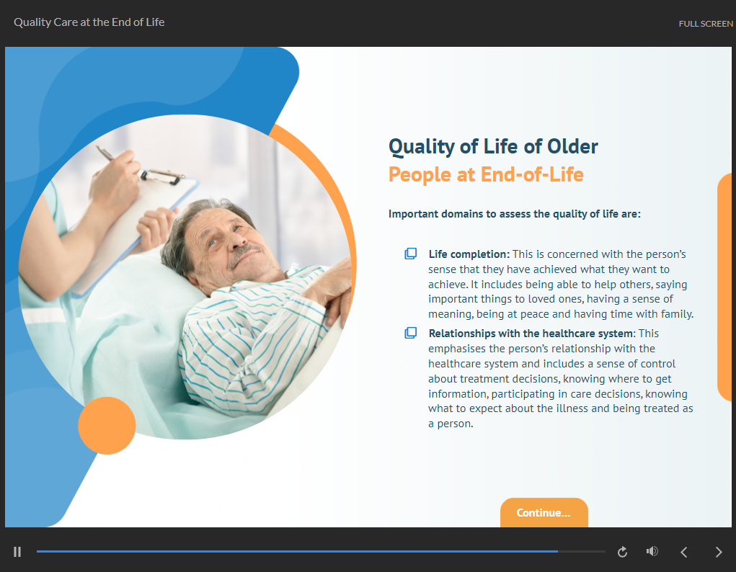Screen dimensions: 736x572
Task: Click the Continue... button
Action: [544, 512]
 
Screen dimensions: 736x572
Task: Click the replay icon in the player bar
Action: [622, 552]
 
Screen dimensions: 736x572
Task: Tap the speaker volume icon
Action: [652, 551]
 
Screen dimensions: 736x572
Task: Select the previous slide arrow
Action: [684, 553]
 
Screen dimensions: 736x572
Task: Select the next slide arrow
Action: [719, 553]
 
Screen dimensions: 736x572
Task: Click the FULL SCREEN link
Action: [706, 24]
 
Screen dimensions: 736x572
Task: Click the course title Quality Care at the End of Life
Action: [89, 22]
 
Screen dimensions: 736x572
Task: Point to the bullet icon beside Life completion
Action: [411, 254]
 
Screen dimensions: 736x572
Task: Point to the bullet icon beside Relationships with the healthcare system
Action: [411, 333]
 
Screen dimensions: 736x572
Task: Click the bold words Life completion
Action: [469, 254]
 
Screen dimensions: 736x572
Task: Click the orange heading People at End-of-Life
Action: [486, 174]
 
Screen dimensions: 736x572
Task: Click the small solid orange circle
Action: [107, 426]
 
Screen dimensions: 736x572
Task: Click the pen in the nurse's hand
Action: [105, 153]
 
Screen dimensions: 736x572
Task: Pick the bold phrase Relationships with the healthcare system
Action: [531, 334]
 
